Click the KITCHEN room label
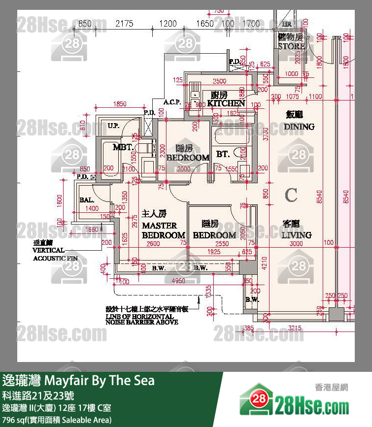[226, 103]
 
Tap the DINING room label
[299, 126]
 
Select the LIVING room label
[297, 234]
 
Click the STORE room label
[291, 46]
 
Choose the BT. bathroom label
[223, 154]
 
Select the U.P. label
[113, 127]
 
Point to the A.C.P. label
[172, 102]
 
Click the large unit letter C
[291, 195]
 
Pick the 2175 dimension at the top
[125, 23]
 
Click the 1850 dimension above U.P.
[120, 104]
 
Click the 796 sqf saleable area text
[57, 420]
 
